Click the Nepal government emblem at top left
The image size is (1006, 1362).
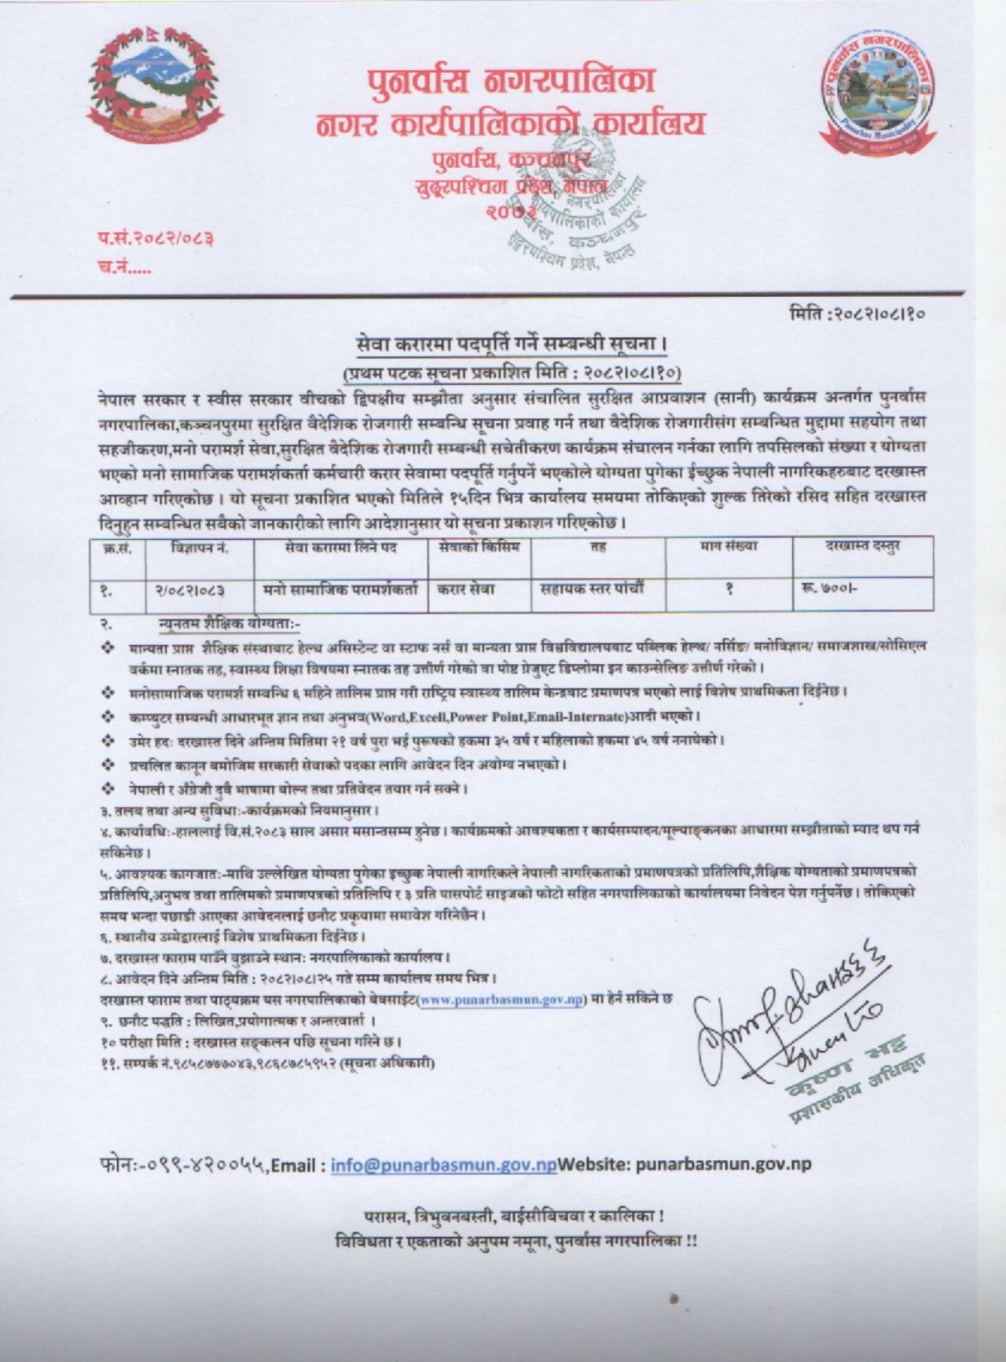pos(154,87)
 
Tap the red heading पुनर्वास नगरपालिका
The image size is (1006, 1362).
pos(509,81)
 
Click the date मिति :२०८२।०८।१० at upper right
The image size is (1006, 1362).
pos(857,314)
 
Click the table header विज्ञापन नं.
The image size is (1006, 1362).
pos(200,549)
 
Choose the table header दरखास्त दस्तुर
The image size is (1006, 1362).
pos(862,547)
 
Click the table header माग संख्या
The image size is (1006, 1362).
pos(728,547)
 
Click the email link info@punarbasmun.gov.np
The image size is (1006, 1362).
pos(443,1165)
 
